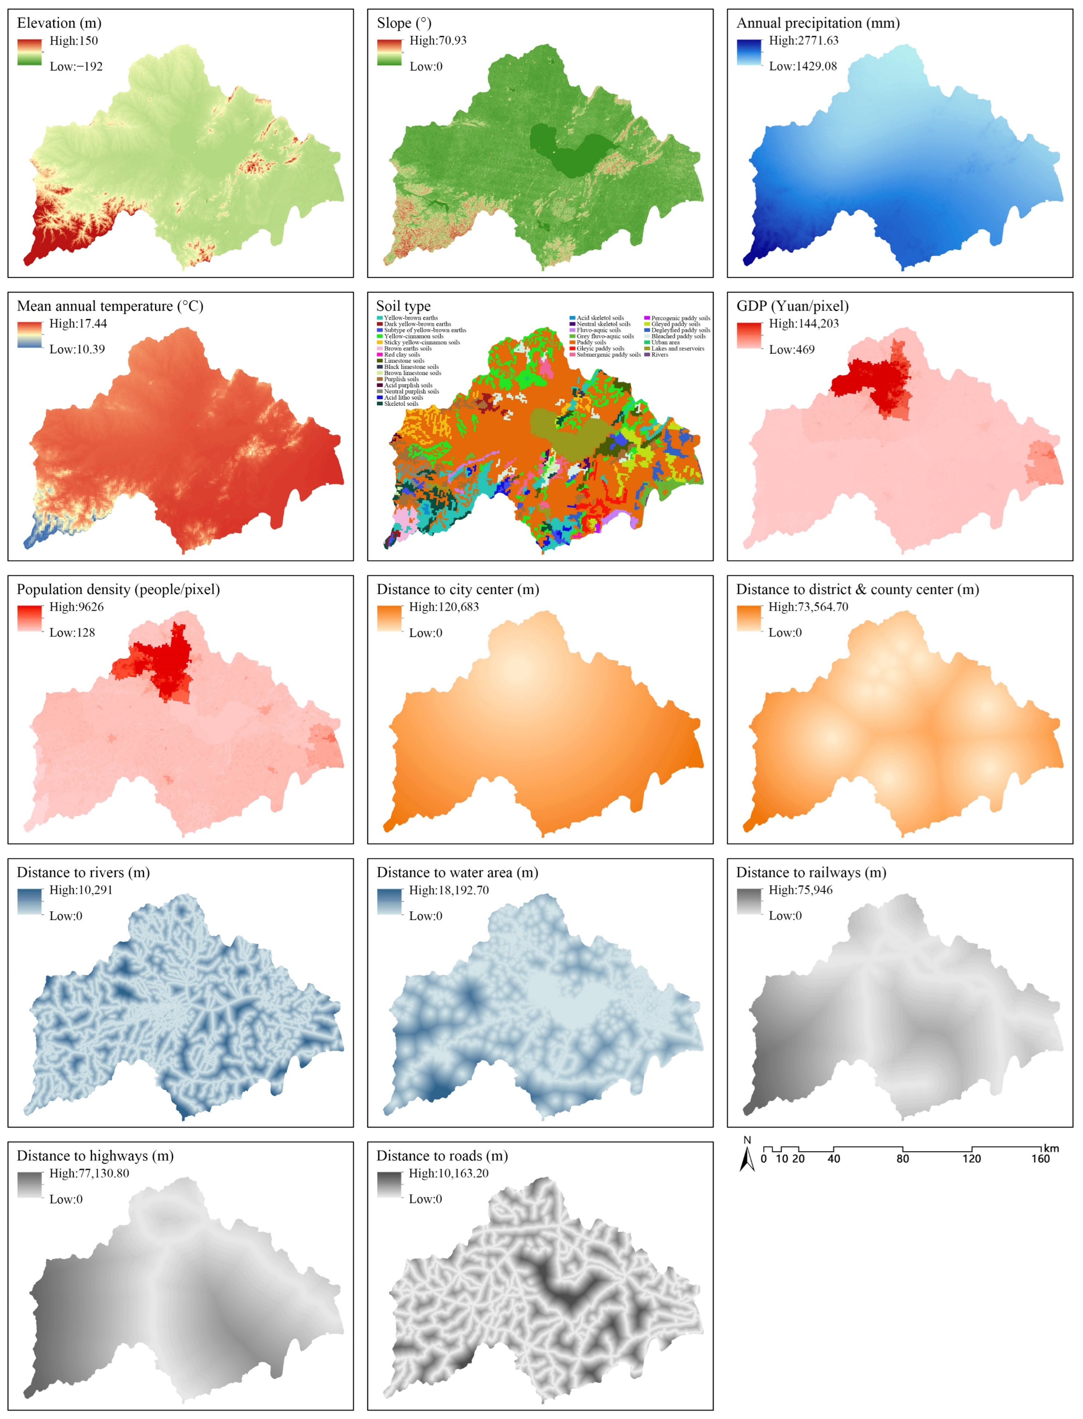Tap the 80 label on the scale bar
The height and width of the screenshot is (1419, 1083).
pos(902,1159)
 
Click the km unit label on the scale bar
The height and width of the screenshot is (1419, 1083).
pos(1051,1148)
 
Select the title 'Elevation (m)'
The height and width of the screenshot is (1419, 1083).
pos(59,23)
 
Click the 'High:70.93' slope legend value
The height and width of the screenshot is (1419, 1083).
pos(438,41)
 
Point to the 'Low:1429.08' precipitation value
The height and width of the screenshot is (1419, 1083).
pos(803,66)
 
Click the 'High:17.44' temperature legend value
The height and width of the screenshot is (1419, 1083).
pos(78,324)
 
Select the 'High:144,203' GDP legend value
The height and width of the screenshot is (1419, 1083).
pos(804,324)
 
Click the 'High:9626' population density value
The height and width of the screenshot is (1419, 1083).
pos(76,607)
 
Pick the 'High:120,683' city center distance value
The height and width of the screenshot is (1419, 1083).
pos(444,607)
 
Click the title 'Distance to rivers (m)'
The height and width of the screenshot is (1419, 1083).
pos(83,873)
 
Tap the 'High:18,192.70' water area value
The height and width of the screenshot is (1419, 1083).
pos(449,890)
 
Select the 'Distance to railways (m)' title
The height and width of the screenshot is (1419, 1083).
pos(811,873)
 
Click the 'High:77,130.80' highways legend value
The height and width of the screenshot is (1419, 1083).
pos(89,1173)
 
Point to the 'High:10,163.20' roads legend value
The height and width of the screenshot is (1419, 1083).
pos(449,1173)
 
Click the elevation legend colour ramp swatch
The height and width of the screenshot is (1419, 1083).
pos(29,53)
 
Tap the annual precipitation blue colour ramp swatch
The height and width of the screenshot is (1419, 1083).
pos(749,53)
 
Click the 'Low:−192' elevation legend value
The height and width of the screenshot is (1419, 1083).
pos(76,66)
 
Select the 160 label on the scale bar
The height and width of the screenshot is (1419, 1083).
pos(1040,1159)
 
